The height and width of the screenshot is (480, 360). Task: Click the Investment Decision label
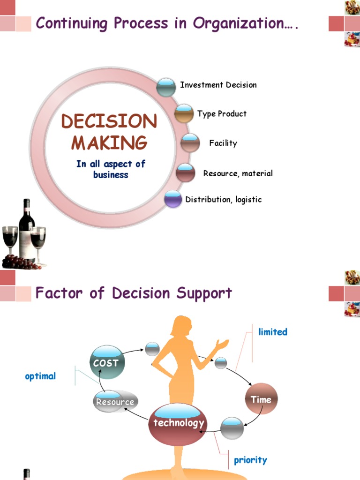pos(218,85)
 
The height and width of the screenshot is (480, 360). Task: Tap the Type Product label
pos(222,114)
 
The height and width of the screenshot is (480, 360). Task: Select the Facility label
pos(223,143)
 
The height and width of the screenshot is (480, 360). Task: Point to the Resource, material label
pos(238,173)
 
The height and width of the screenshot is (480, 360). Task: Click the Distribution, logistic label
pos(223,200)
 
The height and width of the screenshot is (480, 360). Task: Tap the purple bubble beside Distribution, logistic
pos(173,199)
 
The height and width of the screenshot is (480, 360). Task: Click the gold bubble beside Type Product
pos(184,113)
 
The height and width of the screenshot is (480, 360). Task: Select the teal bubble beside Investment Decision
pos(166,87)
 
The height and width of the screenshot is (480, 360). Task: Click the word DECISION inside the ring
pos(109,122)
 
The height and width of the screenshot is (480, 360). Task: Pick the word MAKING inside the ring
pos(109,142)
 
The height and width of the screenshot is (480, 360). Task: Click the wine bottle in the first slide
pos(27,230)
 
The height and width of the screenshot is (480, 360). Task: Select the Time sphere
pos(261,399)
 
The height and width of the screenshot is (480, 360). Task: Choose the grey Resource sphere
pos(115,401)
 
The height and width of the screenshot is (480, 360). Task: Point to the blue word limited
pos(272,332)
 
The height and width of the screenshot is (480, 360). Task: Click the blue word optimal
pos(40,376)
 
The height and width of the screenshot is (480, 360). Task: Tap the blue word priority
pos(250,460)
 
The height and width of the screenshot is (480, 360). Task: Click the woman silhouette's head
pos(182,326)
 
